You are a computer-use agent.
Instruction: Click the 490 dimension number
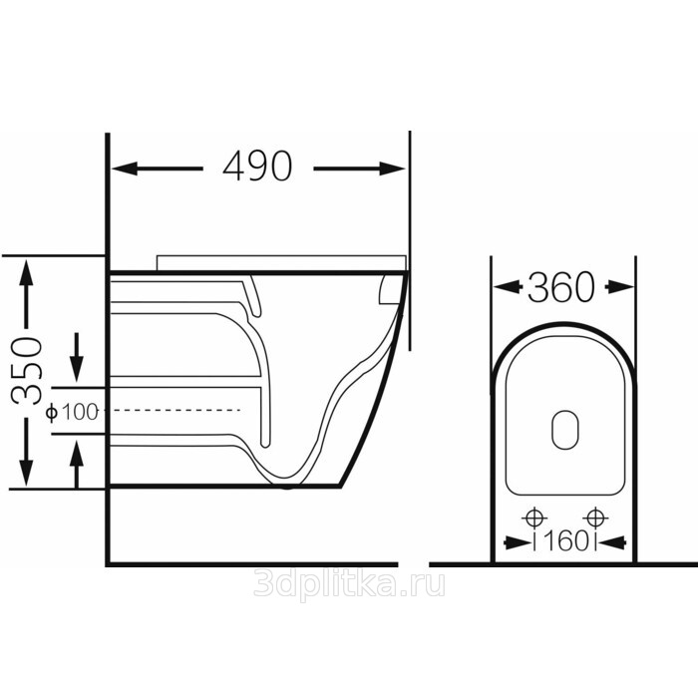pyautogui.click(x=257, y=167)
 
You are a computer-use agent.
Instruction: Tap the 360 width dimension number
pyautogui.click(x=560, y=287)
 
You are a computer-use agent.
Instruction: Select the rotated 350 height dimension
pyautogui.click(x=27, y=372)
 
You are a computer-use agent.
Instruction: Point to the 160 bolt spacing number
pyautogui.click(x=565, y=541)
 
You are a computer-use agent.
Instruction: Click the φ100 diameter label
pyautogui.click(x=72, y=412)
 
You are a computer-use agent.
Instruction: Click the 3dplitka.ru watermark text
pyautogui.click(x=349, y=584)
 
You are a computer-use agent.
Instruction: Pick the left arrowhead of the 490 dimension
pyautogui.click(x=125, y=169)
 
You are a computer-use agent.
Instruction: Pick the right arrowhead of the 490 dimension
pyautogui.click(x=392, y=169)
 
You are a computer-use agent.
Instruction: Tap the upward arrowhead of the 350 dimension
pyautogui.click(x=26, y=273)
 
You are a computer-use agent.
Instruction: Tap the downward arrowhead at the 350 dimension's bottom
pyautogui.click(x=26, y=473)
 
